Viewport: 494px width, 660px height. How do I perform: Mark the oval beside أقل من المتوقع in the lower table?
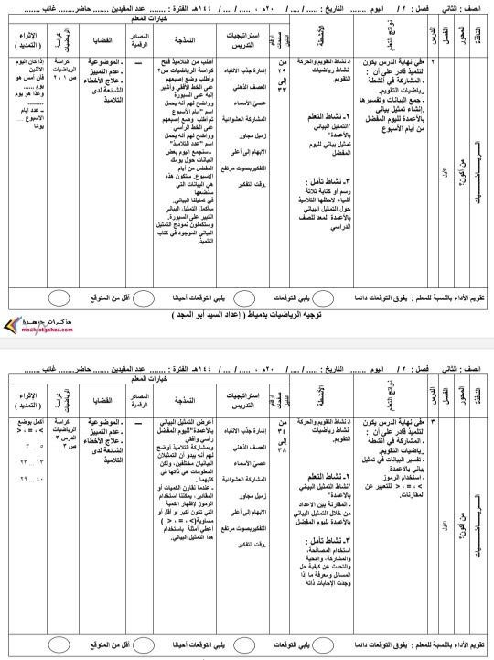[x=58, y=635]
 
